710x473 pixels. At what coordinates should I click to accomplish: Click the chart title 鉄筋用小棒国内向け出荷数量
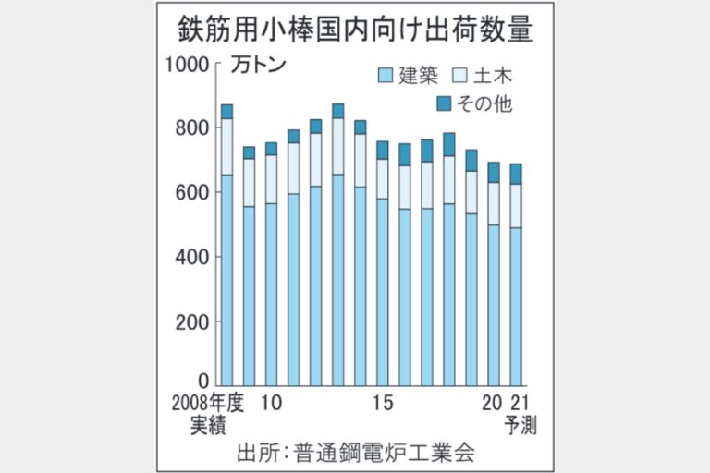[355, 30]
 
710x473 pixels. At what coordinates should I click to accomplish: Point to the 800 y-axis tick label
[191, 128]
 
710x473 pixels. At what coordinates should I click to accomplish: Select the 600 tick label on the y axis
[191, 192]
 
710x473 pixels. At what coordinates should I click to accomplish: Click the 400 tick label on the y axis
[191, 257]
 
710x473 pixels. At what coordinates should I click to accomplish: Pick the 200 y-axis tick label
[191, 321]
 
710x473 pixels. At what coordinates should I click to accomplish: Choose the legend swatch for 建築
[386, 75]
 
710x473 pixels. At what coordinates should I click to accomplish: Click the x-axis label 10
[270, 404]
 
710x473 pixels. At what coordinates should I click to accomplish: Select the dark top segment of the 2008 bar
[226, 112]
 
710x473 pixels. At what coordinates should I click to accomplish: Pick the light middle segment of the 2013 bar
[337, 146]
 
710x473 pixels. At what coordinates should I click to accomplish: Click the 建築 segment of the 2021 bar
[516, 305]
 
